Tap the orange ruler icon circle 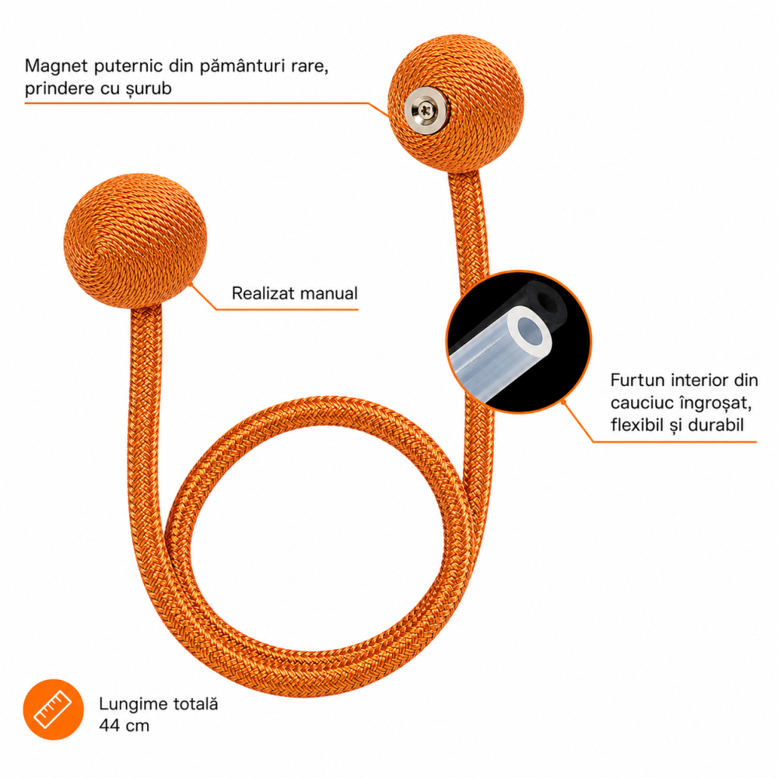click(x=53, y=709)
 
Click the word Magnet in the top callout click(x=56, y=66)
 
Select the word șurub click(x=149, y=89)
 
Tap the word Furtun click(x=638, y=380)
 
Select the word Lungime click(x=134, y=705)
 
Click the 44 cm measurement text click(x=124, y=725)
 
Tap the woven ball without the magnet click(x=135, y=240)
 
